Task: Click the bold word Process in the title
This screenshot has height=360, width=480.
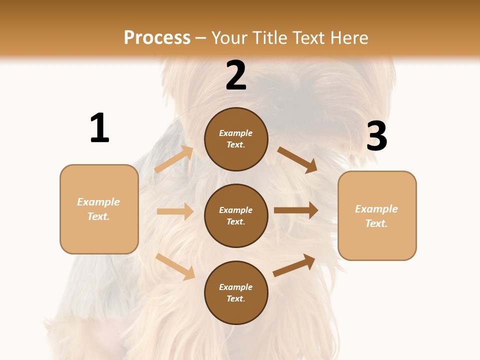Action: [x=157, y=38]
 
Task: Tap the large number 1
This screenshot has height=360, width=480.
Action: [x=99, y=128]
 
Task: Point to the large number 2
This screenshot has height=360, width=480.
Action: [x=236, y=75]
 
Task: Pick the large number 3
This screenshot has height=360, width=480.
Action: [x=376, y=136]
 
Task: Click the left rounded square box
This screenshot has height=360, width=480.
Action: [x=99, y=209]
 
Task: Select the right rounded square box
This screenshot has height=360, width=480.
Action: [x=377, y=215]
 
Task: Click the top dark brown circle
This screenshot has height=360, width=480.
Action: [x=236, y=139]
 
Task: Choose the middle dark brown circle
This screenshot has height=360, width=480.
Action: [x=236, y=215]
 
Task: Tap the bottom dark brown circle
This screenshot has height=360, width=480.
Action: [x=236, y=292]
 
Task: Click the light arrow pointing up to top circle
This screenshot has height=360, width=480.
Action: [x=174, y=159]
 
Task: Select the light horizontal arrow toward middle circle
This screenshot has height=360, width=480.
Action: [x=175, y=211]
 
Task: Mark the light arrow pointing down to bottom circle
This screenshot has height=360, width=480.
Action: [x=175, y=266]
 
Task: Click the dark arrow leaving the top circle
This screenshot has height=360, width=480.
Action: [x=297, y=160]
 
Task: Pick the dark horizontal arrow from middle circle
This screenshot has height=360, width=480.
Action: [x=296, y=210]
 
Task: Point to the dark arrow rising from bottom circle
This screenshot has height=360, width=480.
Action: [x=294, y=265]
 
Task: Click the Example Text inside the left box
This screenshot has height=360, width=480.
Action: [x=98, y=209]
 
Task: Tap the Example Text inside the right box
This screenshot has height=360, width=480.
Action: [x=376, y=216]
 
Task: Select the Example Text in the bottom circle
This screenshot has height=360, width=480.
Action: [x=236, y=293]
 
